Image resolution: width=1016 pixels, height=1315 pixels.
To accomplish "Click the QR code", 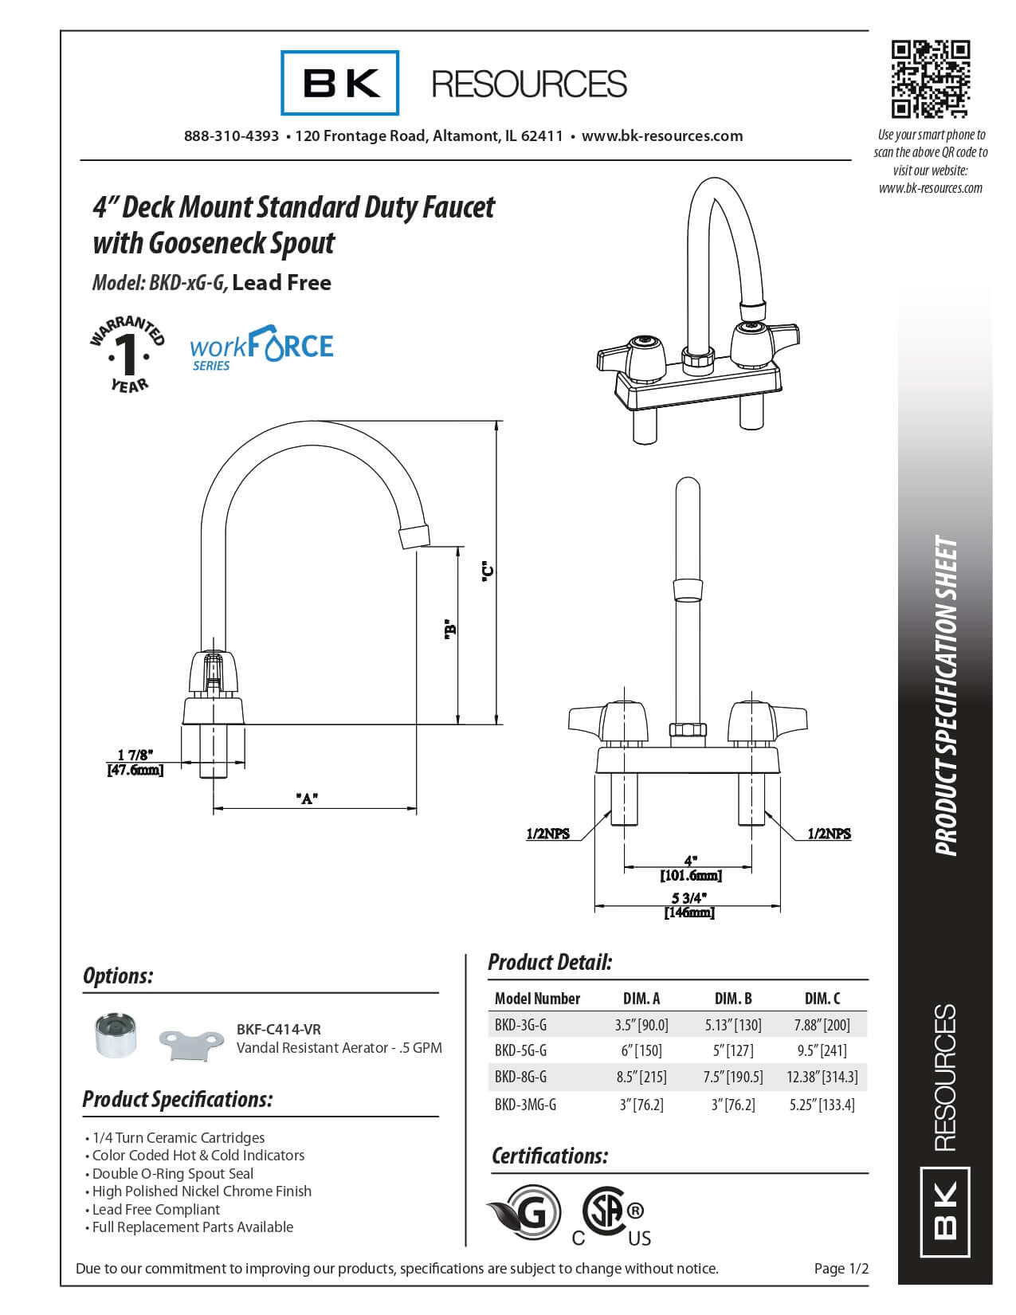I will click(x=930, y=79).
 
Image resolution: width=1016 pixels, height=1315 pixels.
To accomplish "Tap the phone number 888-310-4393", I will click(x=231, y=136).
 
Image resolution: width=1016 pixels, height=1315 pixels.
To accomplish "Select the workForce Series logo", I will click(x=261, y=348).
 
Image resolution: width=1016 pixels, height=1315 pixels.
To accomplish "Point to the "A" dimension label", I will click(x=308, y=798).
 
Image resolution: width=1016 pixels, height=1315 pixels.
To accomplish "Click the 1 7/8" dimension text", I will click(x=135, y=755).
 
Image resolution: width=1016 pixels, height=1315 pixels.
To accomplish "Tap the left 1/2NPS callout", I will click(x=547, y=834).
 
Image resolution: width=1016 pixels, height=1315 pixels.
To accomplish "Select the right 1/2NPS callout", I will click(x=829, y=834).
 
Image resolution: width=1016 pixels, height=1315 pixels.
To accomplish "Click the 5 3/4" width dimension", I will click(x=689, y=898).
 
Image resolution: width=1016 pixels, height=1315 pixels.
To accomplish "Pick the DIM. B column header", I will click(x=733, y=999).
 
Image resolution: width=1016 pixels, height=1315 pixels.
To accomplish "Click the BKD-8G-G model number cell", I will click(x=520, y=1078).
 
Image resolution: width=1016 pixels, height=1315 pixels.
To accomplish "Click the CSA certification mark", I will click(x=611, y=1216).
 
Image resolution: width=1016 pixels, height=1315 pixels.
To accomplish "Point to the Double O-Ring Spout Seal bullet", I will click(x=172, y=1173).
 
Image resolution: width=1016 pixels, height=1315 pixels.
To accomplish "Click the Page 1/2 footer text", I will click(x=841, y=1268).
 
